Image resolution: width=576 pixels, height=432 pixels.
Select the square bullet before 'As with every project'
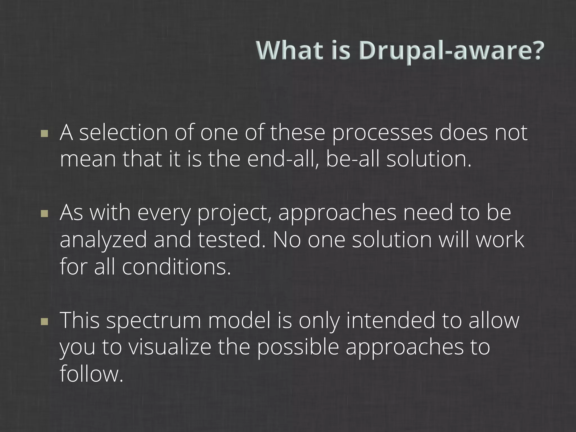[44, 214]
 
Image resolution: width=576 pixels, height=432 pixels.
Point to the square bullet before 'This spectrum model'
[44, 321]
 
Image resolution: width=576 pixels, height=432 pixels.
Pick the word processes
[382, 133]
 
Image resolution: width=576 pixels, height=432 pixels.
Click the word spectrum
[154, 321]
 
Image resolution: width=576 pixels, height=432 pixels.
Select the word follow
[91, 374]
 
